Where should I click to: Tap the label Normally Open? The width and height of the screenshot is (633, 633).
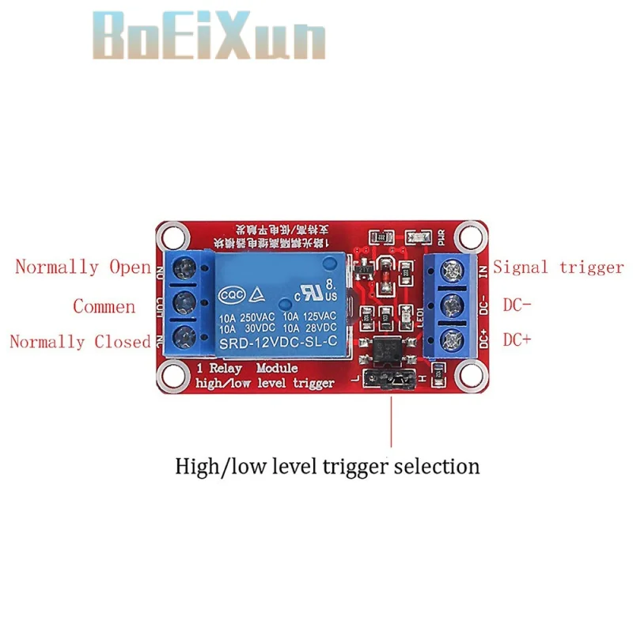(x=82, y=267)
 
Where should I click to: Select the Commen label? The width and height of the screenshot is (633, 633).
(x=104, y=306)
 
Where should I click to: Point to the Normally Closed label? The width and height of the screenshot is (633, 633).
(x=79, y=342)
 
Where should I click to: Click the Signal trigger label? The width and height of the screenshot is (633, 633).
(x=559, y=267)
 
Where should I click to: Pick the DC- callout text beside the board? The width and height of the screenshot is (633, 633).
(x=518, y=305)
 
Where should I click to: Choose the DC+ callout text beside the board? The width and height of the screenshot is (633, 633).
(x=518, y=339)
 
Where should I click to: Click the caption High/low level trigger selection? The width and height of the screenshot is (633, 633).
(x=327, y=465)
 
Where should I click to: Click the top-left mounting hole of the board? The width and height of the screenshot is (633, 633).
(x=167, y=234)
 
